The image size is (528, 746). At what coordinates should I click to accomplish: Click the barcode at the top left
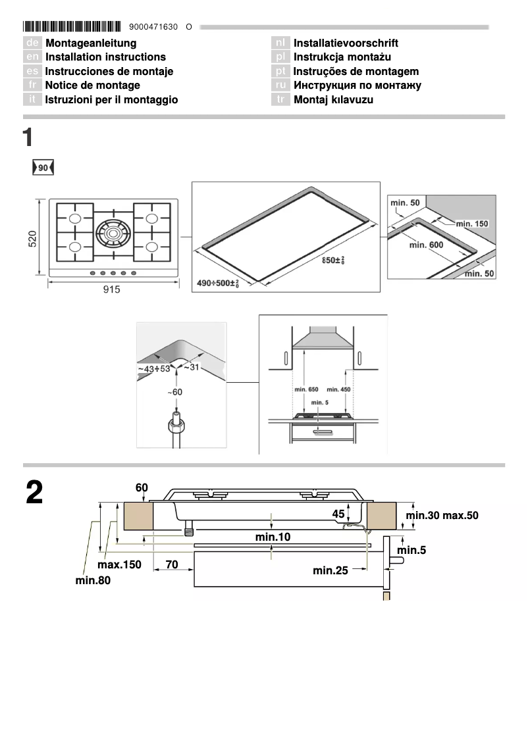click(72, 27)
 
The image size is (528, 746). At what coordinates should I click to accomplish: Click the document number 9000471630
click(154, 28)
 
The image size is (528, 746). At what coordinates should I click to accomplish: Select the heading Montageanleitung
click(91, 43)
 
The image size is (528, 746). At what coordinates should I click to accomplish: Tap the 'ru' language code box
click(281, 86)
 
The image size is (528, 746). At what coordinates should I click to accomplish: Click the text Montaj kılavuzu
click(333, 99)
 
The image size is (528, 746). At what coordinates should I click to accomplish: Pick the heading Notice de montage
click(92, 85)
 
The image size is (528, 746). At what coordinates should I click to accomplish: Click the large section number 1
click(28, 137)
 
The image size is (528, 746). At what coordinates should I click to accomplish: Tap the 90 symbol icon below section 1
click(43, 168)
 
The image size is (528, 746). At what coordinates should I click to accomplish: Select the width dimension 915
click(112, 289)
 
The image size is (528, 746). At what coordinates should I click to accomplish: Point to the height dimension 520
click(32, 238)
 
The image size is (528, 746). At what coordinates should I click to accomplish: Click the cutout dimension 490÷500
click(217, 284)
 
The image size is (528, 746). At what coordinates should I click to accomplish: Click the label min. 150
click(472, 224)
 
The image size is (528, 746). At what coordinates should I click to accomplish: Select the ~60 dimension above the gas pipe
click(174, 392)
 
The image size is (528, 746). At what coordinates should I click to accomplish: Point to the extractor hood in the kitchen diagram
click(323, 341)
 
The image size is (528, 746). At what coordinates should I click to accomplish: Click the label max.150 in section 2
click(119, 564)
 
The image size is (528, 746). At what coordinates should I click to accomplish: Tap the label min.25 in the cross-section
click(330, 570)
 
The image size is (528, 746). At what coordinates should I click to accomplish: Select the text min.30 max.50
click(442, 515)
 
